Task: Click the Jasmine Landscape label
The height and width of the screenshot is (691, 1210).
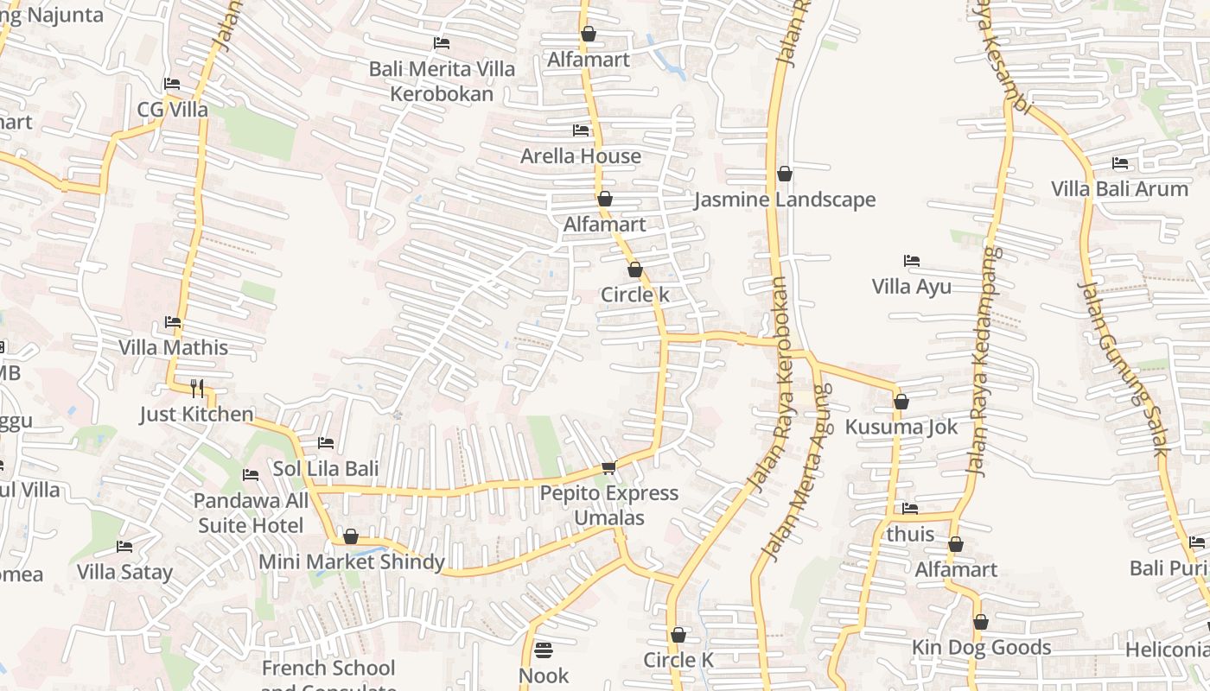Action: pyautogui.click(x=785, y=200)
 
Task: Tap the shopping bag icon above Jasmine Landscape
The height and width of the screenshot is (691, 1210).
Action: pyautogui.click(x=785, y=174)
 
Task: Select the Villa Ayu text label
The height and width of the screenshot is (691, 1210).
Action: pyautogui.click(x=911, y=287)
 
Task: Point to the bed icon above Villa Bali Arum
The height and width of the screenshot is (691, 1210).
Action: pyautogui.click(x=1120, y=163)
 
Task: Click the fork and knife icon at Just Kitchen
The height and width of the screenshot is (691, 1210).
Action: pyautogui.click(x=197, y=388)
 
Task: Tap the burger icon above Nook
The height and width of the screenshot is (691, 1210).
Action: pyautogui.click(x=544, y=649)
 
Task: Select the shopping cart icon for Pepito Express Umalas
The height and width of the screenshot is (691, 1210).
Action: pyautogui.click(x=608, y=467)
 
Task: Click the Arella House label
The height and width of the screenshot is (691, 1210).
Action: pyautogui.click(x=581, y=156)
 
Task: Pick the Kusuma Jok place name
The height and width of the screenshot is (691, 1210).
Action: pyautogui.click(x=901, y=427)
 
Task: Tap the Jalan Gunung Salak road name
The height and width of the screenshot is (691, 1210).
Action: pyautogui.click(x=1124, y=368)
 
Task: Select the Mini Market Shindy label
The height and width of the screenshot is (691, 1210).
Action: pyautogui.click(x=352, y=562)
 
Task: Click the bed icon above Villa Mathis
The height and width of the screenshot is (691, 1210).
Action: pyautogui.click(x=173, y=322)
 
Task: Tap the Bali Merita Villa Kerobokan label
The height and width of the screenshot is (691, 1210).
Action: pyautogui.click(x=442, y=81)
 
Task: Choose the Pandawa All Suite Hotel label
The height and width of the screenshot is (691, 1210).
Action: pyautogui.click(x=251, y=513)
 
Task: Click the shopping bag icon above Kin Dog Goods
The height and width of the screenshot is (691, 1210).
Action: pyautogui.click(x=981, y=622)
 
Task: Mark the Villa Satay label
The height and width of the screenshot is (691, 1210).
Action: pyautogui.click(x=124, y=572)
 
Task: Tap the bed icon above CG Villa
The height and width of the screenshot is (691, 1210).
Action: pyautogui.click(x=172, y=84)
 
